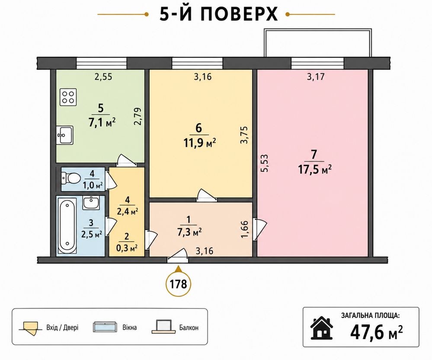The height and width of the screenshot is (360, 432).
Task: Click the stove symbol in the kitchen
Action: (x=68, y=97)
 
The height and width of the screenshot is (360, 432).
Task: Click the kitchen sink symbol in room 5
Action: (x=65, y=135)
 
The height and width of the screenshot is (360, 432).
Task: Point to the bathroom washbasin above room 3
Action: (x=91, y=203)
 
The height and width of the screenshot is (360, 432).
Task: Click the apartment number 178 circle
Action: (x=179, y=284)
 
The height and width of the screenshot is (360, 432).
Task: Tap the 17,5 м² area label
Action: (x=315, y=169)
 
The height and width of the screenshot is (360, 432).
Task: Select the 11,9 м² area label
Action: (x=199, y=143)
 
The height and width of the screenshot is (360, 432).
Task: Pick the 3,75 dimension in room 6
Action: (x=244, y=135)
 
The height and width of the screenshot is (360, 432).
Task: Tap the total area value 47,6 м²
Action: (x=376, y=332)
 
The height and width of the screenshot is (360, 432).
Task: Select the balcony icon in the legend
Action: (x=163, y=327)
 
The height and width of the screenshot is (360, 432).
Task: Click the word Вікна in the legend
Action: (x=129, y=328)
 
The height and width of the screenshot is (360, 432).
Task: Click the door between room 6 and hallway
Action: (x=207, y=195)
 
